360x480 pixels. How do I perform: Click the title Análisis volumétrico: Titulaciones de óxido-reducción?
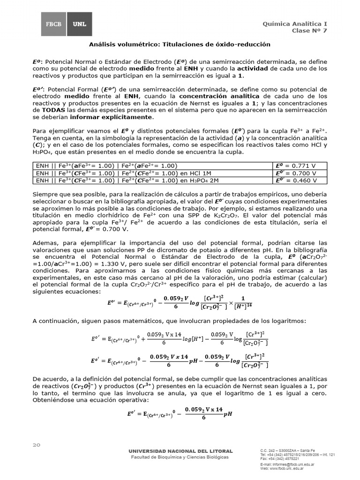coord(180,44)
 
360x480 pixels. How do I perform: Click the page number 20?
coord(37,444)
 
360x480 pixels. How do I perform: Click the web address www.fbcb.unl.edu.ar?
coord(287,468)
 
